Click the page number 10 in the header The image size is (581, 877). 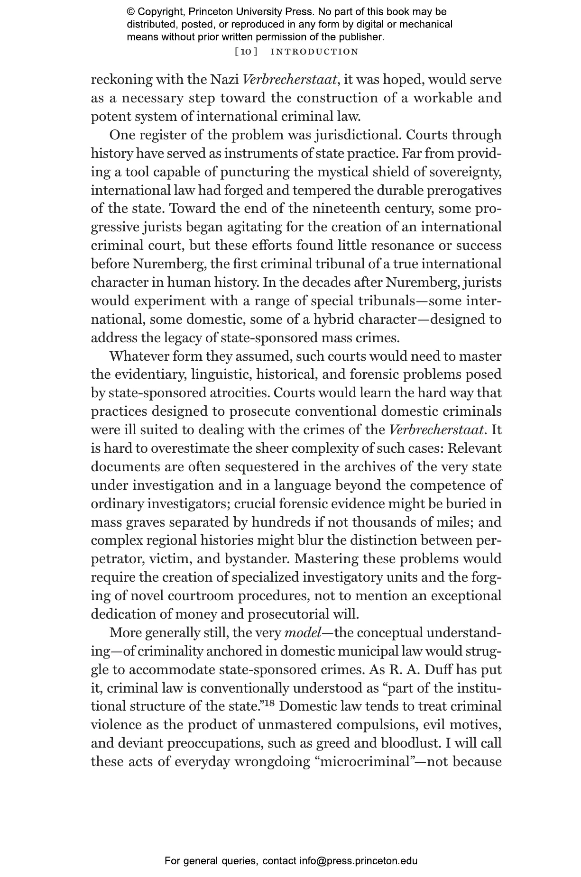point(246,52)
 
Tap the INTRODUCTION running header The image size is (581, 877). point(314,52)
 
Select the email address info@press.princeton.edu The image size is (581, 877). point(358,861)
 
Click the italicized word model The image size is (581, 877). point(302,633)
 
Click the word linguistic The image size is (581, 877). point(221,375)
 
